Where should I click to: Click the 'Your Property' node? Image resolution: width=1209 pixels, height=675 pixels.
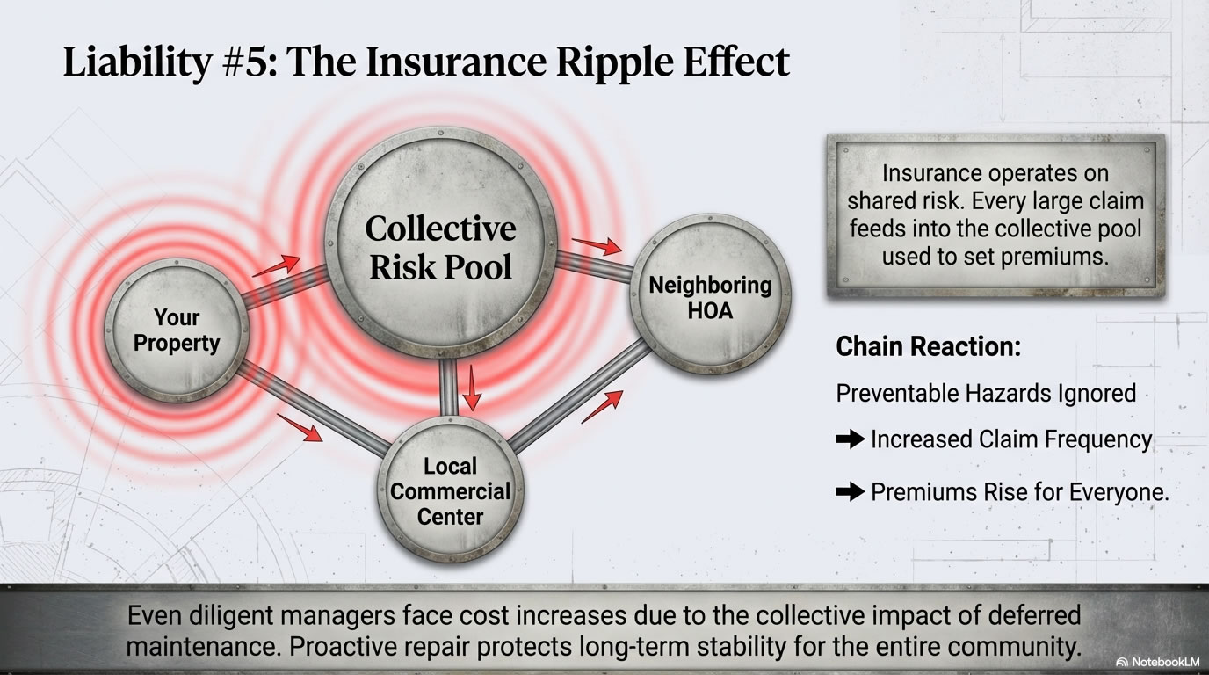[x=177, y=330]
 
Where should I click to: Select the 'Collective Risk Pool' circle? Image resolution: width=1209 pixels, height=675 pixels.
[x=440, y=247]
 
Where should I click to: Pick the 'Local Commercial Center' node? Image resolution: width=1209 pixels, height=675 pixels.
[x=450, y=490]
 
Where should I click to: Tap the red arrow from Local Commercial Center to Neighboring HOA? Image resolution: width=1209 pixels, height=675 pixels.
[x=603, y=405]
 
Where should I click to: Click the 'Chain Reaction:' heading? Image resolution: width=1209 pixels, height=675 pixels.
[x=928, y=346]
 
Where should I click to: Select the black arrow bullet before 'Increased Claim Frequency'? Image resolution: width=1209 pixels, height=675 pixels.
[x=850, y=439]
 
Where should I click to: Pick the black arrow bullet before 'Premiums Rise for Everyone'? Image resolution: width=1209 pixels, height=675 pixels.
[x=850, y=492]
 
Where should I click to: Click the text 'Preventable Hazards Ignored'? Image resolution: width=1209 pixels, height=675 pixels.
[x=986, y=393]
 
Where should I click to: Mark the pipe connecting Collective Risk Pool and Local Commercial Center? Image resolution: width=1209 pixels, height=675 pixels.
[x=449, y=387]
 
